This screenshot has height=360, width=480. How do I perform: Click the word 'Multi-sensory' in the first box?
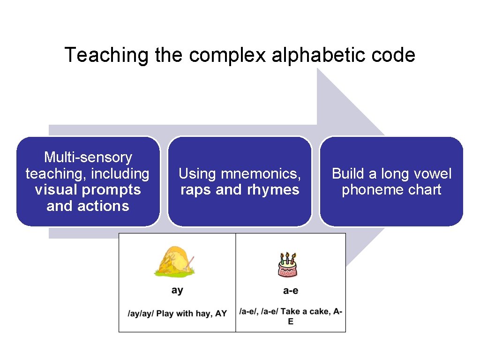[x=88, y=157]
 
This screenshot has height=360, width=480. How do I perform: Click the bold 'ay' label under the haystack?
[x=177, y=290]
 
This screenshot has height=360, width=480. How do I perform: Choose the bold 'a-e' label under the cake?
[x=291, y=291]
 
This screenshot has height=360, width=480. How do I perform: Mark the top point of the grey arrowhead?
[x=318, y=68]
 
